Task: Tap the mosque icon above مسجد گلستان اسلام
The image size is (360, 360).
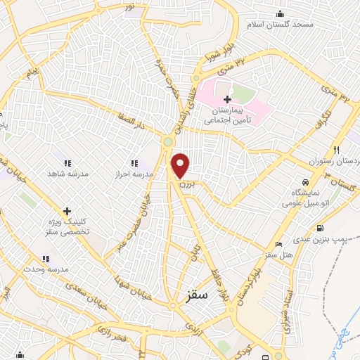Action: pos(281,13)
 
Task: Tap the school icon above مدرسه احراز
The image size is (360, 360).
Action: pos(134,162)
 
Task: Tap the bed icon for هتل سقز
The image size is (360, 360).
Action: pos(279,244)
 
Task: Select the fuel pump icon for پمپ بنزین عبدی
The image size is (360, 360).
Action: pos(321,227)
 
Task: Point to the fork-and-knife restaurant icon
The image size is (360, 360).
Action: pos(337,149)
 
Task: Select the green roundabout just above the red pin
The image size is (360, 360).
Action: pos(167,143)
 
